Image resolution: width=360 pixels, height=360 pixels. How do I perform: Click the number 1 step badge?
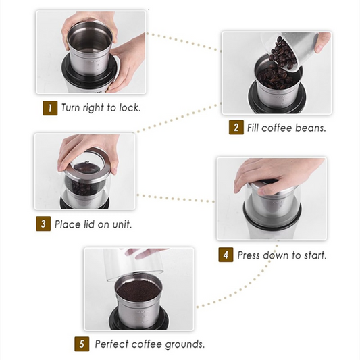point(50,108)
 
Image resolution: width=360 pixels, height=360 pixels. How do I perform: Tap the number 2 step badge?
point(236,128)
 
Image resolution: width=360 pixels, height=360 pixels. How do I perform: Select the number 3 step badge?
point(43,224)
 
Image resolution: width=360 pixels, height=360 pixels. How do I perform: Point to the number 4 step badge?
point(226,255)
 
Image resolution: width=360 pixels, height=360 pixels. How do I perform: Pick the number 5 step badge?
point(82,344)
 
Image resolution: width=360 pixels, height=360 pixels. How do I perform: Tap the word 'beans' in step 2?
point(309,128)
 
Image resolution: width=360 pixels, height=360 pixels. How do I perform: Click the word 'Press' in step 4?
point(251,255)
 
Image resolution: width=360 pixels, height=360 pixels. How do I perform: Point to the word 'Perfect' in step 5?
point(111,344)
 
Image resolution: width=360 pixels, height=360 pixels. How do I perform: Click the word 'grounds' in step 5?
point(184,344)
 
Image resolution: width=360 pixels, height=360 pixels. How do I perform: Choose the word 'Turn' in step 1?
point(72,108)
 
